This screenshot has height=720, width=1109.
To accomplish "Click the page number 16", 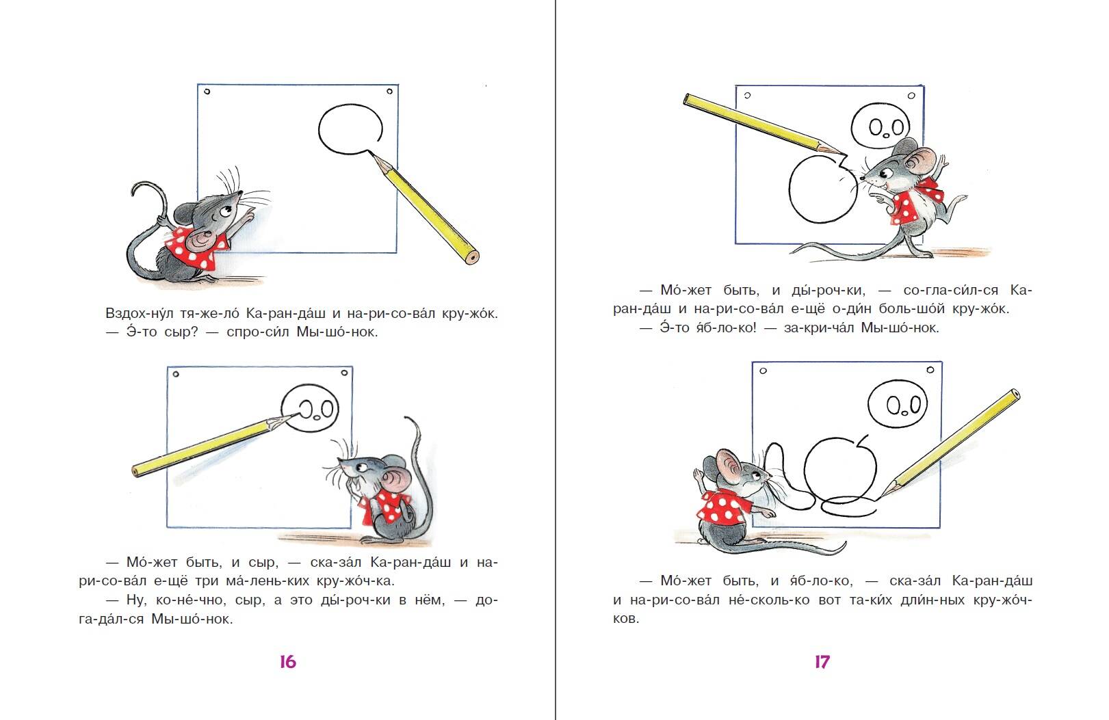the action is tap(287, 662).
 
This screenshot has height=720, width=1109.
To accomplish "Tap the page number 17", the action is tap(822, 662).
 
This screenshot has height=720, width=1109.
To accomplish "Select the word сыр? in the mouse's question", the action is tap(181, 332).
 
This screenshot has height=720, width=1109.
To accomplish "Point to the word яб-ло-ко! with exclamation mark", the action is tap(727, 328).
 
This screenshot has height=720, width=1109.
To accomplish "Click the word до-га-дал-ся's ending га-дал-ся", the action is tap(112, 619).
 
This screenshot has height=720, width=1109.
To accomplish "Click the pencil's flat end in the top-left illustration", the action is tap(472, 257).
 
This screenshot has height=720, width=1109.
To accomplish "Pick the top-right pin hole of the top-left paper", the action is tap(390, 91).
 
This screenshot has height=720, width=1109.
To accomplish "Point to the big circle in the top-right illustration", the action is tap(790, 190).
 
